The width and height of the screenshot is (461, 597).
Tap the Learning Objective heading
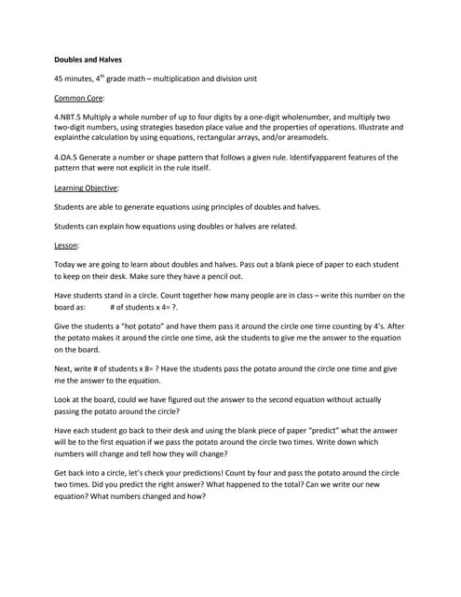coord(89,187)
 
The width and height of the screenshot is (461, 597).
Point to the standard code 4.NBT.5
coord(72,116)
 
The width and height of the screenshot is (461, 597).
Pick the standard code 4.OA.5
coord(70,158)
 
